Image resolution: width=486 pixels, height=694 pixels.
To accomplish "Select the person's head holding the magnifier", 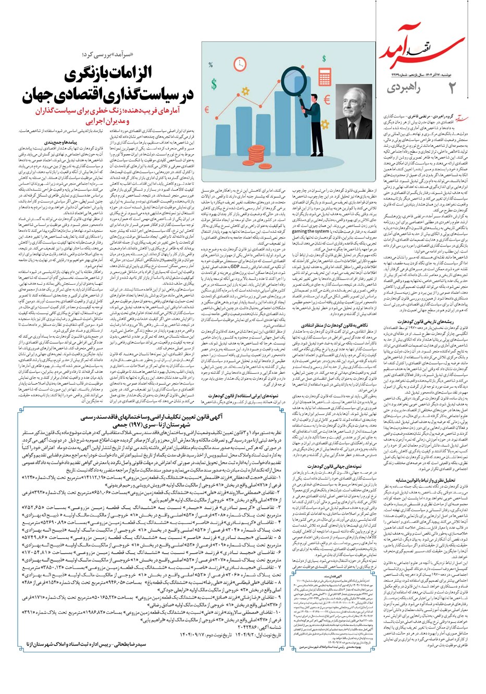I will tap(315, 100).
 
